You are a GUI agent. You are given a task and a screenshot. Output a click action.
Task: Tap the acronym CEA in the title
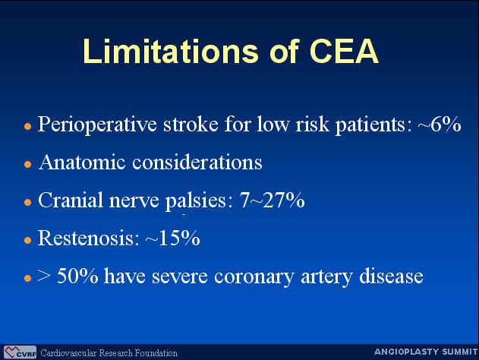(345, 51)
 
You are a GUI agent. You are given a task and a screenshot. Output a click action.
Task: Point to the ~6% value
(440, 124)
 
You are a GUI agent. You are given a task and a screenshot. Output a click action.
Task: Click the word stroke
(191, 124)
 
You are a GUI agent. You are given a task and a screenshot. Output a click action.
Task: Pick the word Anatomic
(82, 162)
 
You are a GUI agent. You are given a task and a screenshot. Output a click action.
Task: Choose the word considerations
(197, 162)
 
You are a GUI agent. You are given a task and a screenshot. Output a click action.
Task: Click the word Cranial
(71, 200)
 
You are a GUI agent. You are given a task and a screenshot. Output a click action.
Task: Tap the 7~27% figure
(273, 200)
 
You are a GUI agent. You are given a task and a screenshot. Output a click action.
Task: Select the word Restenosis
(86, 238)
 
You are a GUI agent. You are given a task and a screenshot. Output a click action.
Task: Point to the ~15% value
(172, 238)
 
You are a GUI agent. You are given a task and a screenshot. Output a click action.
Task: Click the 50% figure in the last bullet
(77, 276)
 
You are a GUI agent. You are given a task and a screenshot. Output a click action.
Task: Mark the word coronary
(254, 277)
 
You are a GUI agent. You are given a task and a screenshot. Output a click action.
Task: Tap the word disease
(391, 276)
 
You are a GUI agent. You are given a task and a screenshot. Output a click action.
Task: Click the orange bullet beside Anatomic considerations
(28, 164)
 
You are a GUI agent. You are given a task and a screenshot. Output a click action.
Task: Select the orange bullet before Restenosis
(28, 240)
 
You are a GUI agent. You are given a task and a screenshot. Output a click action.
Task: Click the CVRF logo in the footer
(20, 352)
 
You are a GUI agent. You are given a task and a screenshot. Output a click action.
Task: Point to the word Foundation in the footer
(156, 353)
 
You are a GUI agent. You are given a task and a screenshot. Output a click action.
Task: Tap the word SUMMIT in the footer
(460, 352)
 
